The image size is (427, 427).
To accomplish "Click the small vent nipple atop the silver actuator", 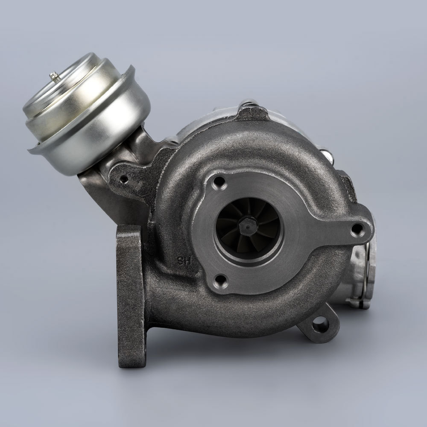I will (54, 76).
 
